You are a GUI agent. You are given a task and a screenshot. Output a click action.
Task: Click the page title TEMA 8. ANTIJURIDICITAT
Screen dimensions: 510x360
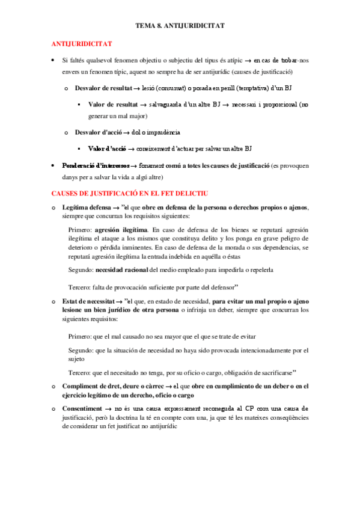(x=180, y=26)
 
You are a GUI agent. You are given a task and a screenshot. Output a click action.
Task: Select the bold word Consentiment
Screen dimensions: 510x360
(x=82, y=408)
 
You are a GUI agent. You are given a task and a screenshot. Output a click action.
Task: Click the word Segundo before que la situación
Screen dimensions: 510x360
(x=81, y=350)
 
